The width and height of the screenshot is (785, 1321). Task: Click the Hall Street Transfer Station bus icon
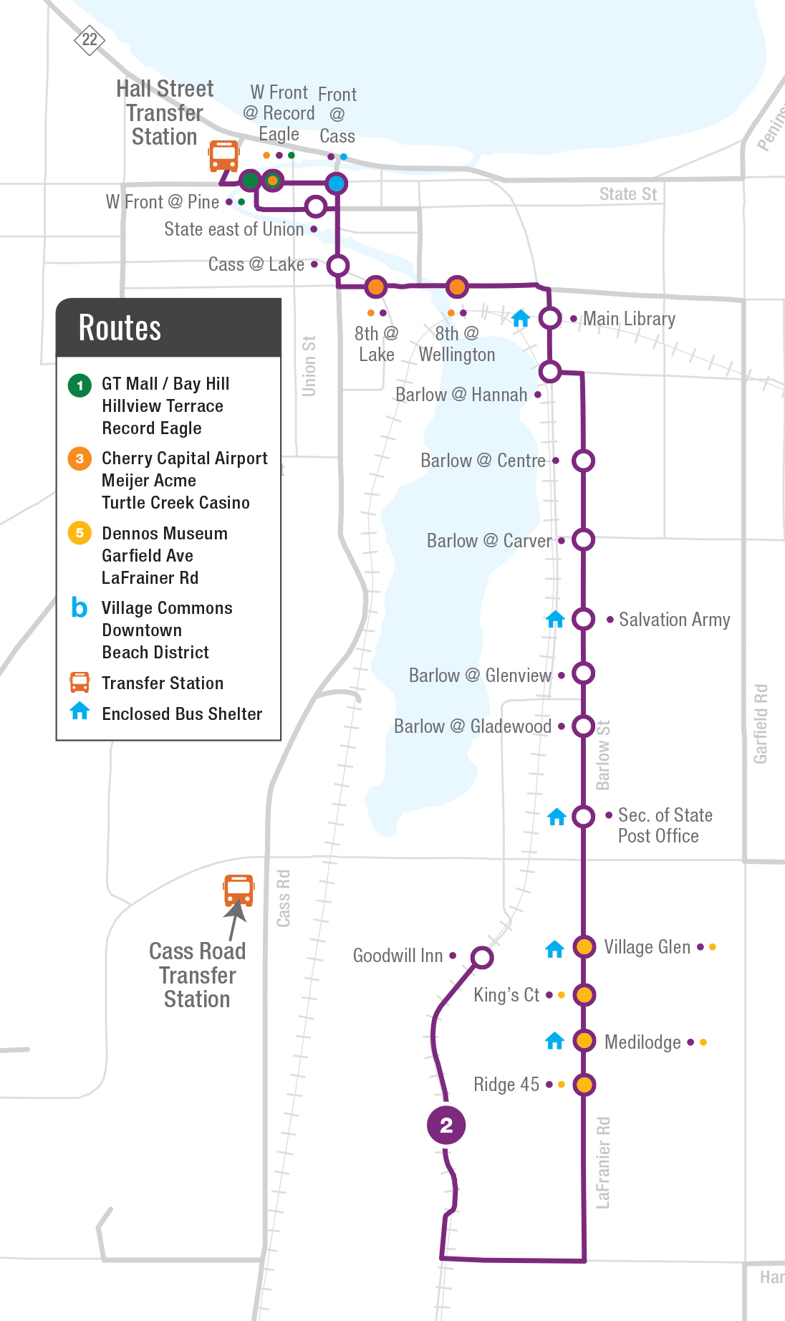point(223,155)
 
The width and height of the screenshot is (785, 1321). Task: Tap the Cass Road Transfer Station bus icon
point(239,890)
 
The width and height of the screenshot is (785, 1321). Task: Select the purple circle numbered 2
point(446,1125)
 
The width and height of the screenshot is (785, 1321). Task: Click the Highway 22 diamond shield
point(90,39)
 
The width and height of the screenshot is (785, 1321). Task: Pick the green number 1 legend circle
point(80,385)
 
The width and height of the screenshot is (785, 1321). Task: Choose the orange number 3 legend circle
point(80,458)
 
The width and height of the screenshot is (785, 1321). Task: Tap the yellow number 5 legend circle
point(80,533)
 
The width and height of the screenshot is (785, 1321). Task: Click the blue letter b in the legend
point(79,607)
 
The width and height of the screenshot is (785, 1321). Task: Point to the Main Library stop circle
point(550,318)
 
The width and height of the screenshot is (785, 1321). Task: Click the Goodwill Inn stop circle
point(482,957)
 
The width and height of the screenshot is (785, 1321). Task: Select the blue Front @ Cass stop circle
point(336,183)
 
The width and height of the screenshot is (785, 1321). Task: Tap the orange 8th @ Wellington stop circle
point(457,287)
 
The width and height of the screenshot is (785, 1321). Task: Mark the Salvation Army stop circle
point(584,619)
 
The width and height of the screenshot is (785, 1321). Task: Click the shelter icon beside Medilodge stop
point(555,1041)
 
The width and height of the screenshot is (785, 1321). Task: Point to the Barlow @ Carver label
point(489,541)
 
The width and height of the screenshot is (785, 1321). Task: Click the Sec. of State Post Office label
point(664,825)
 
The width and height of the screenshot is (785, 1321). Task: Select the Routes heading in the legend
point(120,328)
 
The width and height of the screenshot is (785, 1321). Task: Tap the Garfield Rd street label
point(761,724)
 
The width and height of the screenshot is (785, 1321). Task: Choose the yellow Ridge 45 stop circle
point(584,1085)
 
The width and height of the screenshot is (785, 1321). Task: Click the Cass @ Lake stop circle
point(338,266)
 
